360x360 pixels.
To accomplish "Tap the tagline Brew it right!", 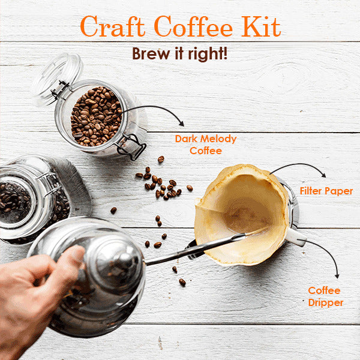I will coord(179,54).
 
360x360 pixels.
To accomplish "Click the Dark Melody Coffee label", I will coord(206,145).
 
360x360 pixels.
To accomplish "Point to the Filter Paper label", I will coord(326,191).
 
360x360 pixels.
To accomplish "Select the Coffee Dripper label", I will coord(325,296).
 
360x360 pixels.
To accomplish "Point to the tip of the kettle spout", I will coord(264,230).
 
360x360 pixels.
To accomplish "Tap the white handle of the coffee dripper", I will coord(296,237).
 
